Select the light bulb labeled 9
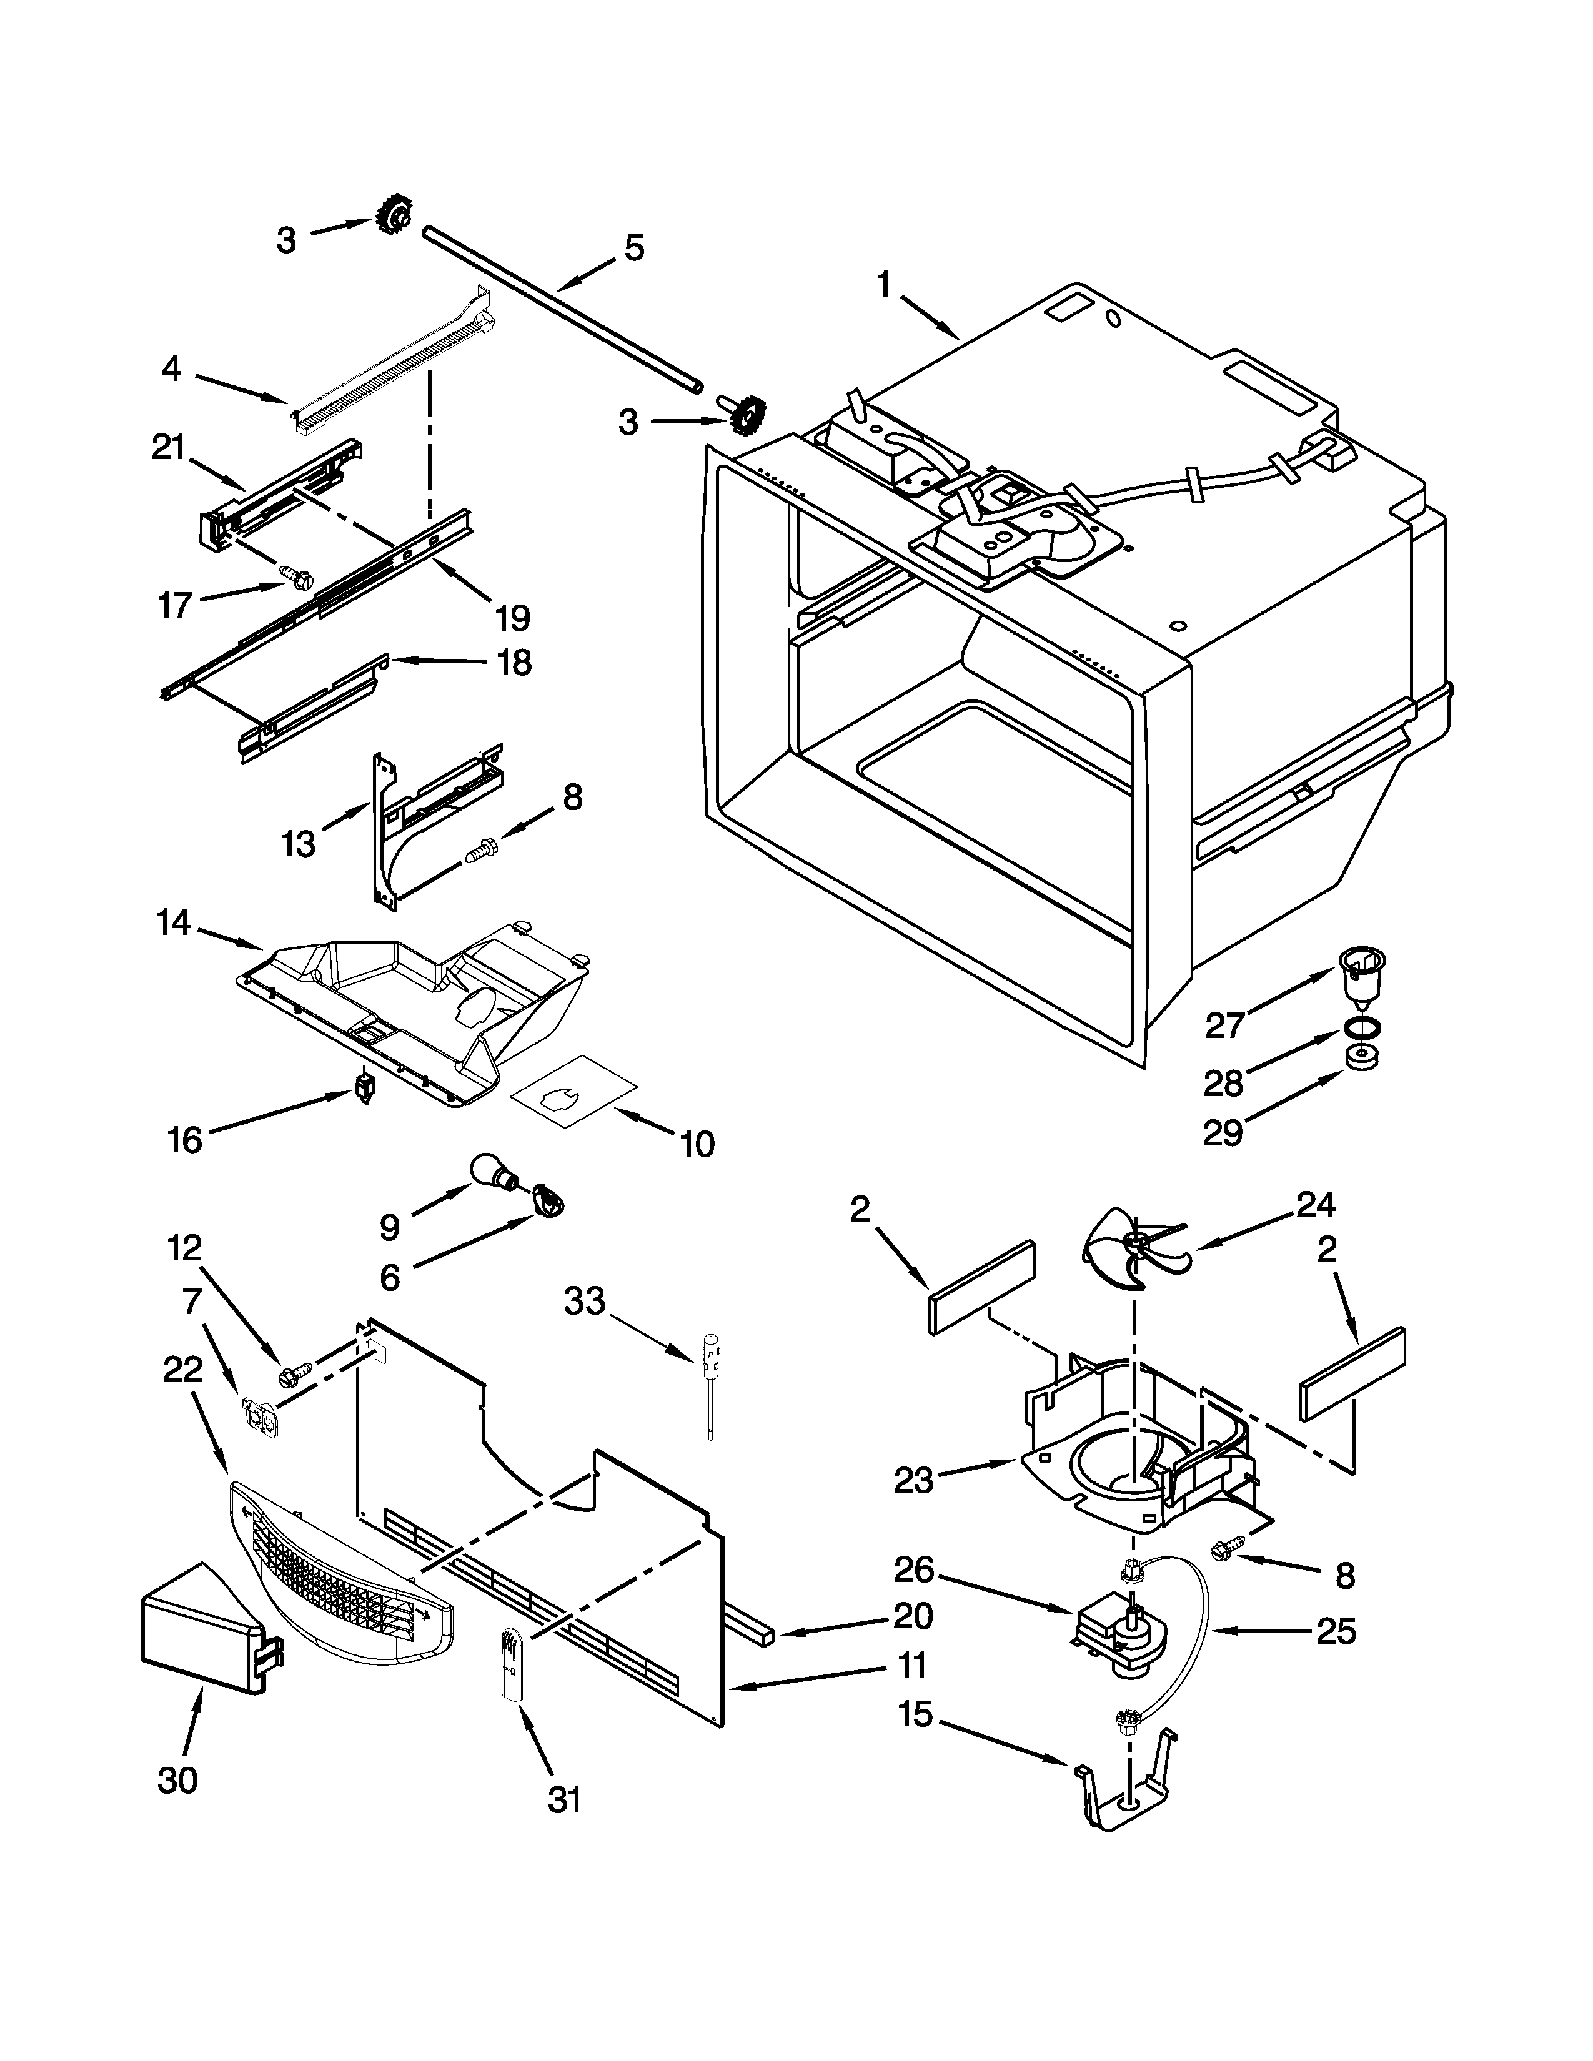coord(493,1172)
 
